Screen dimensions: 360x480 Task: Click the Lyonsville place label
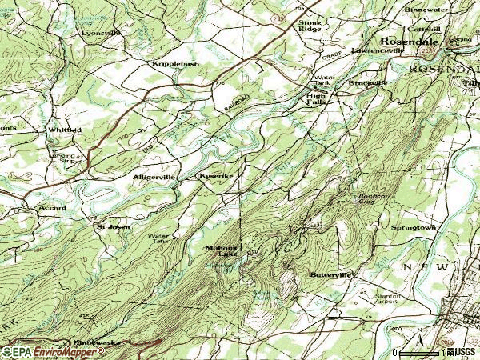point(102,33)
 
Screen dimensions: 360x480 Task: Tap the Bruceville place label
point(367,82)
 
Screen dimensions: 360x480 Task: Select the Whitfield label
point(64,130)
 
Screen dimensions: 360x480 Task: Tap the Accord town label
point(52,208)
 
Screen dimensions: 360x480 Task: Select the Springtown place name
point(413,227)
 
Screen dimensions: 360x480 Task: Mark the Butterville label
point(330,274)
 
